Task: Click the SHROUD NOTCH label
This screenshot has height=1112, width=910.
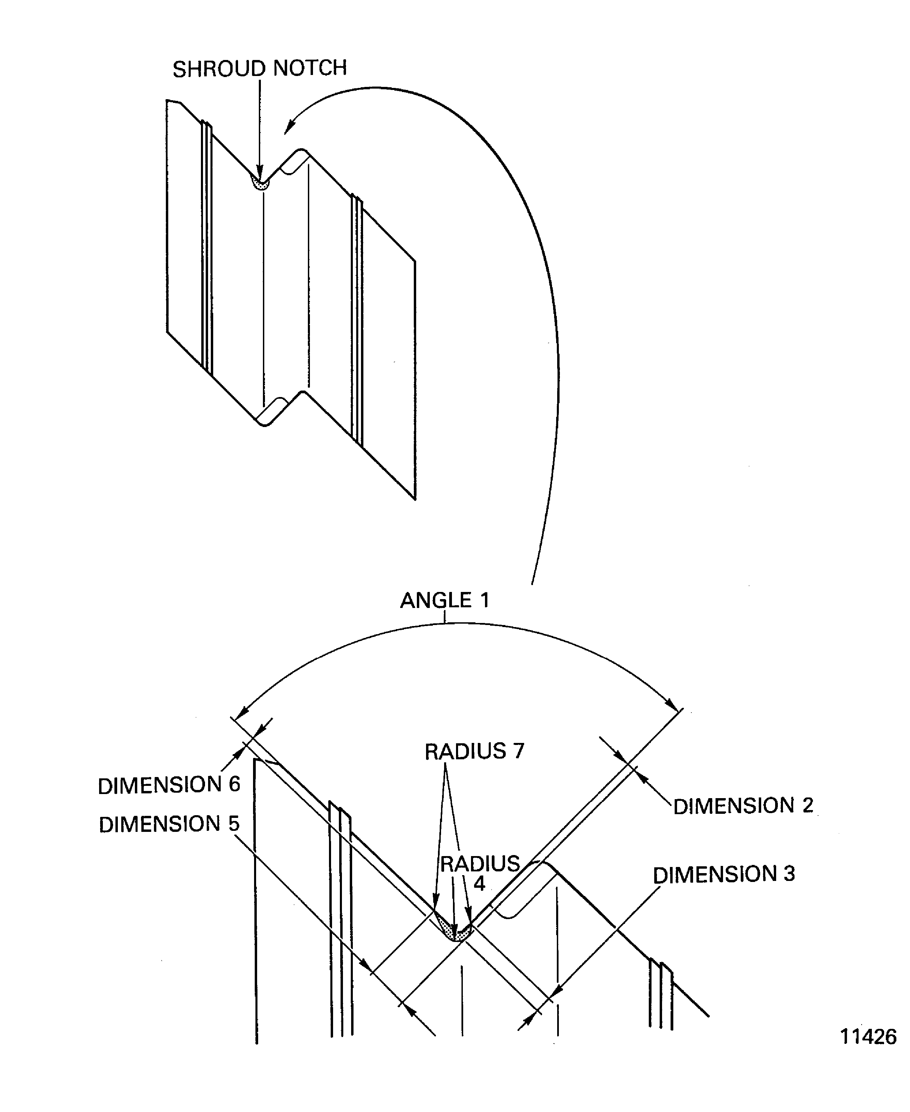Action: pyautogui.click(x=260, y=69)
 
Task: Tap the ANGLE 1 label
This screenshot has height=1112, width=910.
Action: pyautogui.click(x=444, y=600)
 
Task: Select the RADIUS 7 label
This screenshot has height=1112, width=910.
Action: pyautogui.click(x=474, y=752)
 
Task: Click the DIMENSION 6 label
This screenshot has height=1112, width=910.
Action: pyautogui.click(x=169, y=785)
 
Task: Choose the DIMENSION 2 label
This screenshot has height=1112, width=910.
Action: pyautogui.click(x=743, y=806)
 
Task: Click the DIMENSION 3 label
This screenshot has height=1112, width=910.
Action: pyautogui.click(x=723, y=874)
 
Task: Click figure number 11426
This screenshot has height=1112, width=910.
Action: pyautogui.click(x=868, y=1037)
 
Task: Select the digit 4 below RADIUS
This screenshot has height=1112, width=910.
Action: pyautogui.click(x=479, y=884)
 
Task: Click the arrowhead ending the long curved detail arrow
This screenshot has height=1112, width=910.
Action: pyautogui.click(x=289, y=124)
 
